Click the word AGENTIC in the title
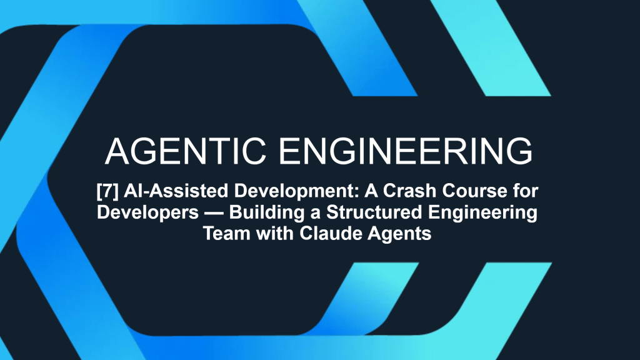tap(186, 151)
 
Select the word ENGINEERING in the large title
tap(406, 151)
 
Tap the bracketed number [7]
tap(107, 191)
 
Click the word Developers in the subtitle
tap(147, 212)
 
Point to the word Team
tap(226, 234)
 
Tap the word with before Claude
tap(275, 234)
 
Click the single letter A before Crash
tap(371, 191)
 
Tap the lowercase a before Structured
tap(317, 214)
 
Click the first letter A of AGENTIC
tap(117, 151)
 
